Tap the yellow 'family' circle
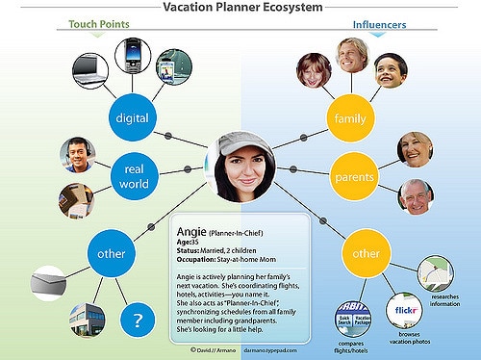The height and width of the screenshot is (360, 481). click(x=345, y=118)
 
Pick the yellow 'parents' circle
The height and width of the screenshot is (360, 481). click(x=353, y=178)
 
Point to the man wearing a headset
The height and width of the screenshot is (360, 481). click(x=77, y=154)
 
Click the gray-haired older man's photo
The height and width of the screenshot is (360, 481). click(x=416, y=195)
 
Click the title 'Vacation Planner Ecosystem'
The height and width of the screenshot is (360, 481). click(x=241, y=8)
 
